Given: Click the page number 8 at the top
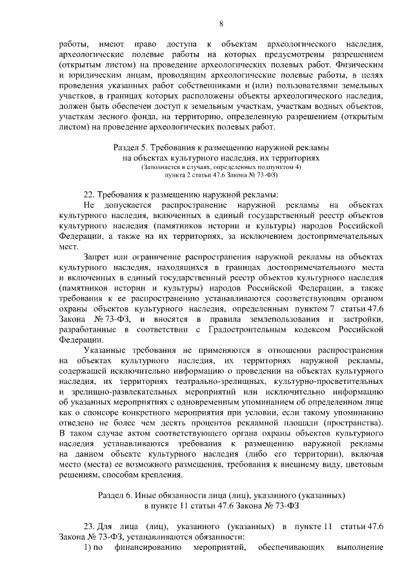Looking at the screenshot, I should [221, 25].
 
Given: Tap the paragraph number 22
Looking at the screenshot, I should [90, 194].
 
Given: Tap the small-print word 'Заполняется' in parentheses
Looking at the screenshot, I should [166, 166].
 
